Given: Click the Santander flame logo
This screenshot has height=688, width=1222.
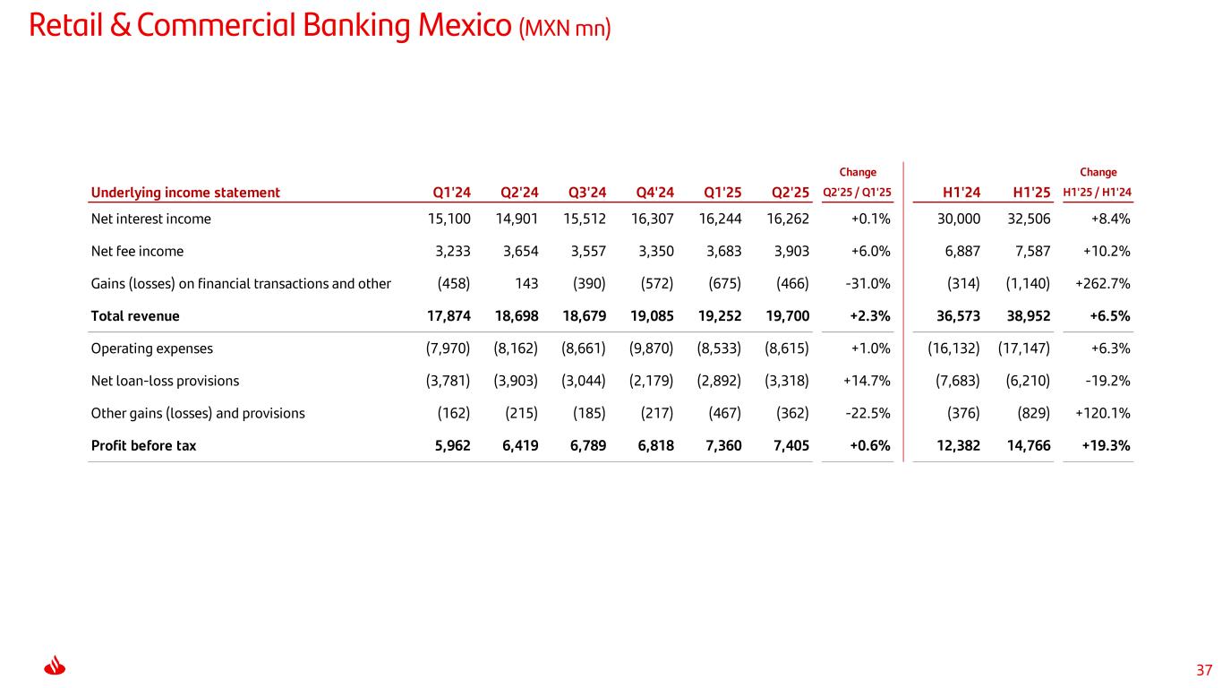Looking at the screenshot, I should (56, 667).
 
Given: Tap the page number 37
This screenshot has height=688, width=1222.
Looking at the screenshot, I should (1204, 669).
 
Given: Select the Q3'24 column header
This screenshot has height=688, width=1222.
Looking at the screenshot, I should (587, 192).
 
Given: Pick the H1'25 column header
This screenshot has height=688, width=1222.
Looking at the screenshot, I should (1031, 192).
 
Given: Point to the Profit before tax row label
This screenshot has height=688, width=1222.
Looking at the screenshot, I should (143, 445).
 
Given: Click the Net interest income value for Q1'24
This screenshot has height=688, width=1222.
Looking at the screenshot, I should (449, 219).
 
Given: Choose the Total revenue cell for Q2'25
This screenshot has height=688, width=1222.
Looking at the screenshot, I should (788, 315).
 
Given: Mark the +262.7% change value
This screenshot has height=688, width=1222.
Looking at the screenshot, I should (1103, 284).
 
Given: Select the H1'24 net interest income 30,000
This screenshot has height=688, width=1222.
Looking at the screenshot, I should (955, 219).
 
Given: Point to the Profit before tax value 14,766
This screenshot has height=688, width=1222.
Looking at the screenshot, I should (1026, 445).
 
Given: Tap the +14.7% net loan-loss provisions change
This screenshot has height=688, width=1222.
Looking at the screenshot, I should (867, 381).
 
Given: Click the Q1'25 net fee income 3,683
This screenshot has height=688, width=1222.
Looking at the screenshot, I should (720, 251).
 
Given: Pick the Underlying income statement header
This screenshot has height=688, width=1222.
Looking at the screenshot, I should (185, 192).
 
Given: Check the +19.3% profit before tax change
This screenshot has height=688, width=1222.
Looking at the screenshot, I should (1107, 445).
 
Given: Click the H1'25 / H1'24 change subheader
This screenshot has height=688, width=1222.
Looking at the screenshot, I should (1098, 192).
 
